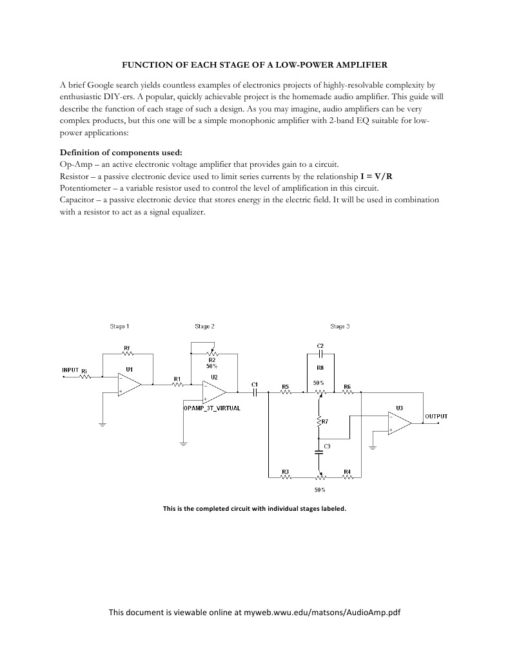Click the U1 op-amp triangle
(x=130, y=385)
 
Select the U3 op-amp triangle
(x=400, y=423)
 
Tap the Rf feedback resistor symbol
(x=127, y=355)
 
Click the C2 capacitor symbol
(x=320, y=355)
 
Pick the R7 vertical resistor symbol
(x=319, y=422)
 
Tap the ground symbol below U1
(x=103, y=425)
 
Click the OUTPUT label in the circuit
(x=436, y=417)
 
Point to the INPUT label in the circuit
(x=70, y=370)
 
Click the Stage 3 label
(x=340, y=327)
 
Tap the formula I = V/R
(x=377, y=176)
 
